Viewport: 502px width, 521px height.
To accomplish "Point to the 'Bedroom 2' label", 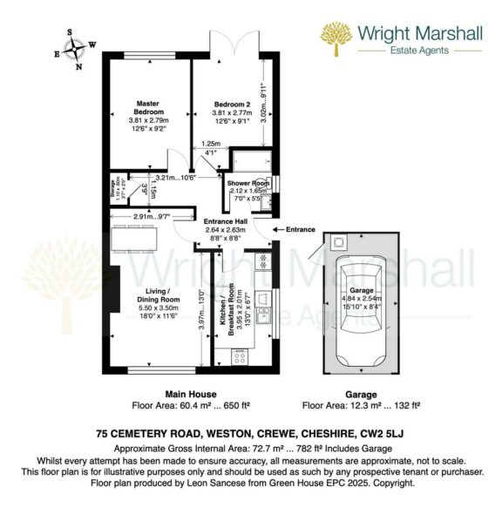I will coord(233,105).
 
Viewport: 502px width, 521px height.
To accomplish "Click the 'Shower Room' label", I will coord(245,184).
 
